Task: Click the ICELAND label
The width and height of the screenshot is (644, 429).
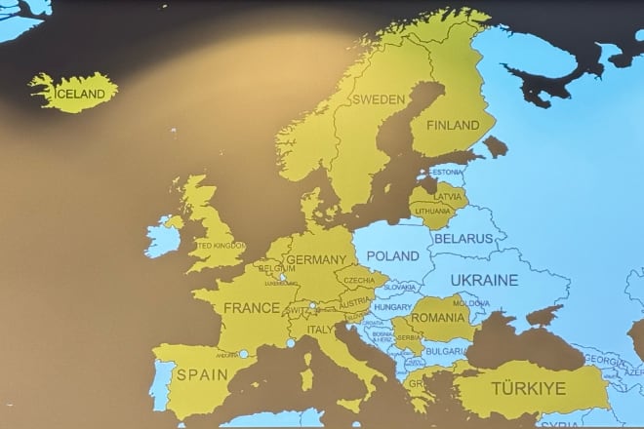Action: coord(81,94)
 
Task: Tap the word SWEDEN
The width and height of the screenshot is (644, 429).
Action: coord(378,99)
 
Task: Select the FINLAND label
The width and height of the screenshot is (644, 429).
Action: coord(453,126)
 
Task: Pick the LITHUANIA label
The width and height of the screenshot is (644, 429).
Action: coord(432,211)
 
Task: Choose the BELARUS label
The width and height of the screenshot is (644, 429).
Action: coord(463,238)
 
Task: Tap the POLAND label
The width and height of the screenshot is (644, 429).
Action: coord(392,255)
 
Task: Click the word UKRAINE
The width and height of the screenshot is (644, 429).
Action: coord(484,281)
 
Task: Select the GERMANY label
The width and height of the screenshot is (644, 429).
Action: coord(317,260)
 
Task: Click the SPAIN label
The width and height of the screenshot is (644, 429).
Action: coord(196,373)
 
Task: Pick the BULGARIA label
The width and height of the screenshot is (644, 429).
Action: coord(445,350)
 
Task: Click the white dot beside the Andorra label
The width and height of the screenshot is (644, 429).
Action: coord(244,354)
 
